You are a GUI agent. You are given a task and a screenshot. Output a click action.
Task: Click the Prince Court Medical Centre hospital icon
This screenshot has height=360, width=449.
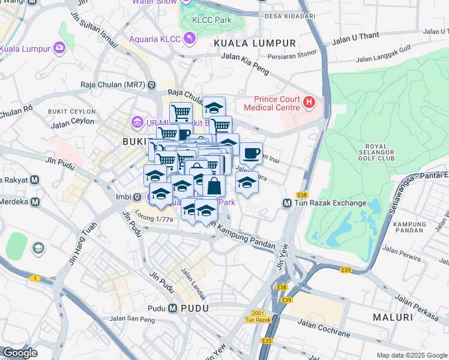click(309, 103)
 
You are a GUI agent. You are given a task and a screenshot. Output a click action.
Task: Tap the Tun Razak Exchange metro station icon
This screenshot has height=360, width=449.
click(287, 203)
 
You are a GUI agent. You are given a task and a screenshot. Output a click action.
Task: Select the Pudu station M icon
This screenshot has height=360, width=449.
click(173, 308)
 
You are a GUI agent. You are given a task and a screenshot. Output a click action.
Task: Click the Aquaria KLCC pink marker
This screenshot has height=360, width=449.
click(190, 39)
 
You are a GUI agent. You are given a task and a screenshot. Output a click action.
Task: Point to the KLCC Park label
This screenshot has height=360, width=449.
click(211, 20)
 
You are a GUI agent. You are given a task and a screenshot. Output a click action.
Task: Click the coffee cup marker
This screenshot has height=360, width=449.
click(252, 153)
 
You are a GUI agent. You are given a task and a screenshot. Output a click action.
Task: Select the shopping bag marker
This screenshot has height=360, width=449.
click(214, 185)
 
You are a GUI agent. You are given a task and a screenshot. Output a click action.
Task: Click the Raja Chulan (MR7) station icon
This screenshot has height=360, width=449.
click(152, 85)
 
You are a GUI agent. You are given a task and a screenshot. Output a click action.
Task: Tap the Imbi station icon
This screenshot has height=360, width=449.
click(137, 197)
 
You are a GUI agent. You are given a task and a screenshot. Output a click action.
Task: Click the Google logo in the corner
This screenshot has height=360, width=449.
click(20, 353)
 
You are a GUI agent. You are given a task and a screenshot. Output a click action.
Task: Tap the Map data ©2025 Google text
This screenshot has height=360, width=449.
click(411, 355)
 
